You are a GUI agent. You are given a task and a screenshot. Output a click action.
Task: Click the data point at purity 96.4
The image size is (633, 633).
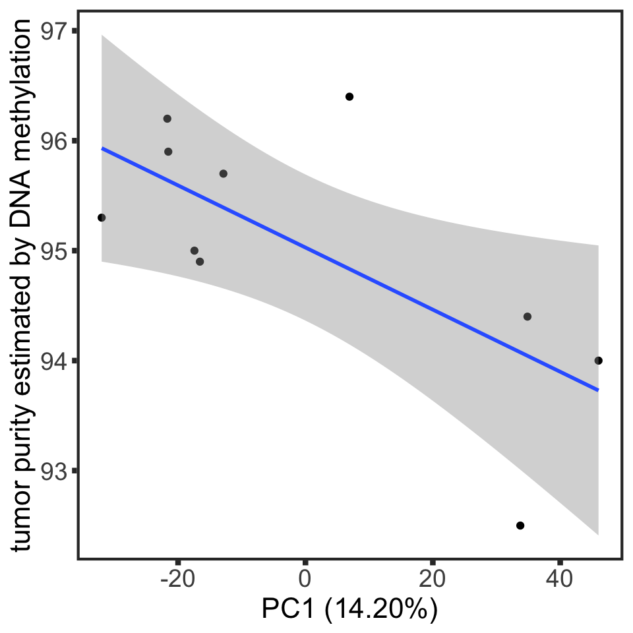pos(349,97)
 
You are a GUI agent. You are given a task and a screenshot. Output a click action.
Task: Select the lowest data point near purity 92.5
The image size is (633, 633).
pos(520,526)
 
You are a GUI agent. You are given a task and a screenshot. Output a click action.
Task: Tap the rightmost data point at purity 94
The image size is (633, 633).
pos(598,361)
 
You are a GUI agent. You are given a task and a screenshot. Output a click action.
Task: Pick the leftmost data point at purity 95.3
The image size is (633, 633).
pos(102,218)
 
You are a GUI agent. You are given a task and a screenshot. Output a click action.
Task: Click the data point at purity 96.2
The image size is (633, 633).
pos(167,119)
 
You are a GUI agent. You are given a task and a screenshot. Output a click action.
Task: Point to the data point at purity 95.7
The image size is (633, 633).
pos(224,174)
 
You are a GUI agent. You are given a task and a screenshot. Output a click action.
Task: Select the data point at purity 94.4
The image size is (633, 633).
pos(527,316)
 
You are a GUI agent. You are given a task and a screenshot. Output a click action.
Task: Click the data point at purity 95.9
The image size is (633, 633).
pos(168,152)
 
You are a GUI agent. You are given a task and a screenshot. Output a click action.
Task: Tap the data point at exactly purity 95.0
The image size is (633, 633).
pos(195,251)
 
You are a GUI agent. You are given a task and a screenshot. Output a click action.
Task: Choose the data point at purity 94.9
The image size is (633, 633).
pos(200,262)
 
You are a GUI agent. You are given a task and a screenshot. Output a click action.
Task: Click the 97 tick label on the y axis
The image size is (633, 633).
pos(55,31)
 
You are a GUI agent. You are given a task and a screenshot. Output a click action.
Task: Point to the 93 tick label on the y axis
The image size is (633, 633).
pos(55,471)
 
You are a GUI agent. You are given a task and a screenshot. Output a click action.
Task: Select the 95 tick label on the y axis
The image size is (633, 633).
pos(55,251)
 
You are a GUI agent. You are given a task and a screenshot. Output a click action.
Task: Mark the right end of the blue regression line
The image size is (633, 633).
pos(597,390)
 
